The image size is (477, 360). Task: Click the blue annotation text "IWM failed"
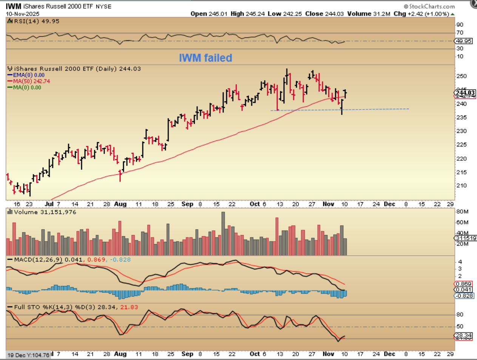coord(205,58)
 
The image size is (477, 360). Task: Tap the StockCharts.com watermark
coord(429,6)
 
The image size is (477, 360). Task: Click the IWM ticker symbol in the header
coord(13,6)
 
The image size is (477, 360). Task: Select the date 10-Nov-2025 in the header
coord(23,14)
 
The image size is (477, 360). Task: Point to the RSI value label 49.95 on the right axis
coord(464,41)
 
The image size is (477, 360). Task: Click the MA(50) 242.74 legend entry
coord(31,81)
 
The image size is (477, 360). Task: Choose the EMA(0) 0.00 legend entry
coord(29,75)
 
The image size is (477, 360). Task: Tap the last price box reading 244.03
coord(465,93)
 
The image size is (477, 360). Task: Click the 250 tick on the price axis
coord(462,76)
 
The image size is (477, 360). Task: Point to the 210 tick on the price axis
coord(462,185)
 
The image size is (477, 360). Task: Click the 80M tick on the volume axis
coord(462,211)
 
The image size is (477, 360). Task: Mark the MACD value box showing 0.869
coord(463,284)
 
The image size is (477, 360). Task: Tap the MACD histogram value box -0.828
coord(464,296)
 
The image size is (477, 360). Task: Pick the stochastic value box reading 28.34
coord(464,335)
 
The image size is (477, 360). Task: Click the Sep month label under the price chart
coord(187,204)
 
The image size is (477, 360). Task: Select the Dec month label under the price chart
coord(389,204)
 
